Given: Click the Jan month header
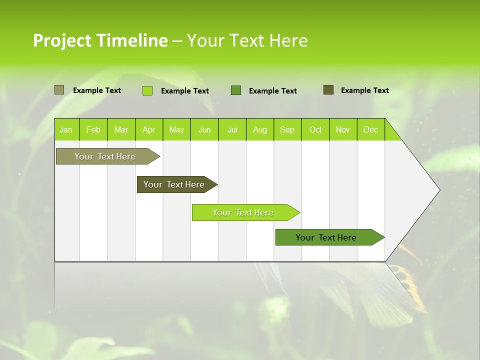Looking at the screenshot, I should pos(66,129).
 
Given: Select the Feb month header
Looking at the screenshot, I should pos(93,129).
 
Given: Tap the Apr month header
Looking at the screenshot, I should pos(148,129).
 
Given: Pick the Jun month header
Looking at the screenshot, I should pos(204,129).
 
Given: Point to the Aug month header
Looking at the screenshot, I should pos(259,129).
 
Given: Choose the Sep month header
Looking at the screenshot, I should pos(287,129).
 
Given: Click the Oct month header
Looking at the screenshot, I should pos(315,129).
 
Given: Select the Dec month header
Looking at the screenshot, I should pos(370,129).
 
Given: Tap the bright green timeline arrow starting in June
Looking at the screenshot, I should pos(243,212).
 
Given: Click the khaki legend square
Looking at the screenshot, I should pos(59,90).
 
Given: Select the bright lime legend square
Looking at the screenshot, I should pos(147,90).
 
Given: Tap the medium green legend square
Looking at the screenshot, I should pos(236,90).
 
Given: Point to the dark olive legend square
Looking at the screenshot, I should pos(328,90).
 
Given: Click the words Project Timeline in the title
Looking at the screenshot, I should pos(100,40).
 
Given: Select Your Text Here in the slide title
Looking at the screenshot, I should pos(247,40).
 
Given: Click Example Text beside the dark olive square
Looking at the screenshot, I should pos(364,90).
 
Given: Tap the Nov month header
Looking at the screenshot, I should pos(343,129).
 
